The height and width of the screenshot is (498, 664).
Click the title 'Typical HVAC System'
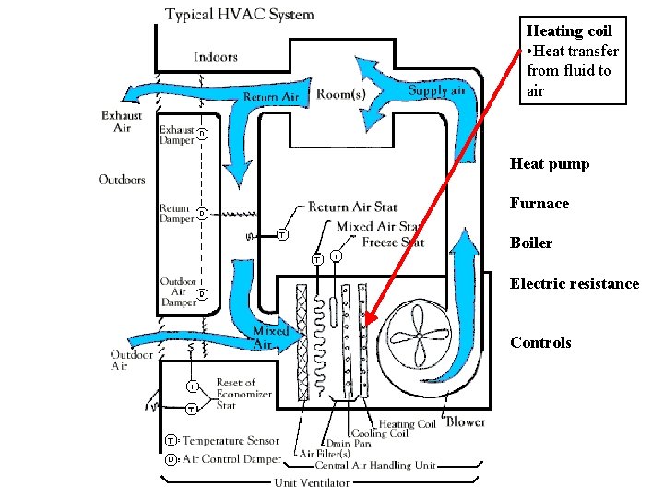point(239,15)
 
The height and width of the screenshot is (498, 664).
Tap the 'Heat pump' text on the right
point(549,164)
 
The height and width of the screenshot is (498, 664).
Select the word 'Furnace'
point(539,204)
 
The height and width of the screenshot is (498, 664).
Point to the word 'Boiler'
point(530,243)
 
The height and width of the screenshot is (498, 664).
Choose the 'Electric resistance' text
point(574,284)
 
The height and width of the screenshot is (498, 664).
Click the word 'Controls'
point(540,343)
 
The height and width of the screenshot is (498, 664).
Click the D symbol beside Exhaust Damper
point(202,135)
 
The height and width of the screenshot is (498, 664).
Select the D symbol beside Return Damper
point(202,214)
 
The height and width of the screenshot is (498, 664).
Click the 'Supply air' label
point(437,90)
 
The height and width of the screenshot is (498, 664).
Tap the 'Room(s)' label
point(341,93)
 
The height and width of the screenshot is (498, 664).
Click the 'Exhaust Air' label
point(122,122)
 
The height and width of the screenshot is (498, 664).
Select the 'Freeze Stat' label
point(393,243)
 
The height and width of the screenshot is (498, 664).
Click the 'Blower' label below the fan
point(466,422)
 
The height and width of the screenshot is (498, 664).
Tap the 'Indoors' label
point(215,57)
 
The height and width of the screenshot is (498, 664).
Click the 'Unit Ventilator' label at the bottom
point(311,482)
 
